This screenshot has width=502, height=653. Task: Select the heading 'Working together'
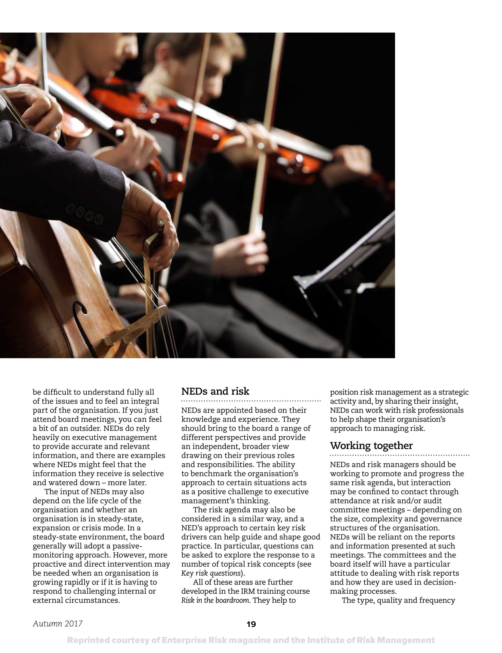pos(371,446)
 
